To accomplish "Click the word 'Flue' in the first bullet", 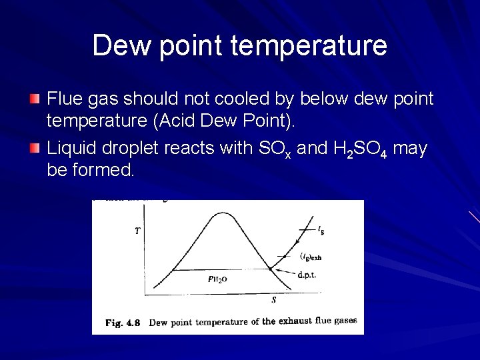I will tap(63, 99).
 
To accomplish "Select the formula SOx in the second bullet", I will tap(274, 149).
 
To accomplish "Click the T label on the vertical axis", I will tap(137, 231).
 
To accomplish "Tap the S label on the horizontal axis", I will tap(273, 300).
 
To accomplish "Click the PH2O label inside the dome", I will tap(217, 279).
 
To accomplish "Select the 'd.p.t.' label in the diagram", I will tap(307, 275).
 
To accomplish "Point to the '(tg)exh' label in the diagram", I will tap(311, 256).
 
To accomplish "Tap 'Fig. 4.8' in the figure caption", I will tap(123, 323).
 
